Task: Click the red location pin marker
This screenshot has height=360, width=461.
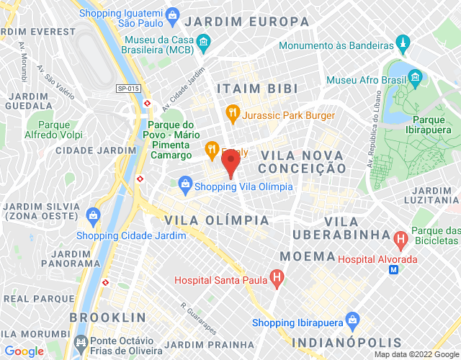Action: [230, 163]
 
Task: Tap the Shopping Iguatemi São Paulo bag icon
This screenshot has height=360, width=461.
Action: [172, 14]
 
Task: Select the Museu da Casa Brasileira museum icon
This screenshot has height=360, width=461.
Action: [204, 43]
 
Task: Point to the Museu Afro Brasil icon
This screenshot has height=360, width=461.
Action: [415, 77]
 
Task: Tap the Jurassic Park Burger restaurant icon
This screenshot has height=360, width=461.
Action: [232, 113]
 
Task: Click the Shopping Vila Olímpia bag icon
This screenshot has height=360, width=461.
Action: [187, 186]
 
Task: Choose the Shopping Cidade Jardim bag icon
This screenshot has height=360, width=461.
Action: [93, 214]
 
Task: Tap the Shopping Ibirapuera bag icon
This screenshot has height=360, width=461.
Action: [352, 319]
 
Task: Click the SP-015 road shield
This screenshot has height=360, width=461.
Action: [127, 88]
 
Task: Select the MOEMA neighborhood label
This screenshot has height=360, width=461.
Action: [307, 256]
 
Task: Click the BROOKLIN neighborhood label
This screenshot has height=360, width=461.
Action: [108, 317]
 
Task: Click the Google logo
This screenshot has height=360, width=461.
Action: [24, 351]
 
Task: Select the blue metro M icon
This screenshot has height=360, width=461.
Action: [393, 269]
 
